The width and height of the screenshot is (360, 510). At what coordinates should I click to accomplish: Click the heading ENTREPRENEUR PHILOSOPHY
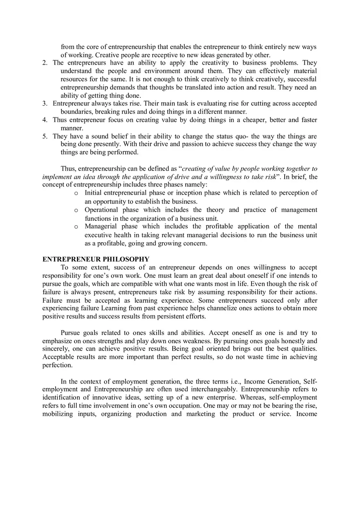(x=96, y=259)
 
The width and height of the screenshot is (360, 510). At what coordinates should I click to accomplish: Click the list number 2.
(x=45, y=63)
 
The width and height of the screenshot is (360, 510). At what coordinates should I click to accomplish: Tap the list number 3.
(x=45, y=104)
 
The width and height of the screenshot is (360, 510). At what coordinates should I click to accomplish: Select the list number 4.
(x=45, y=120)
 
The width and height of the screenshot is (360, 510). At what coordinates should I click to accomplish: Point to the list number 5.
(x=45, y=137)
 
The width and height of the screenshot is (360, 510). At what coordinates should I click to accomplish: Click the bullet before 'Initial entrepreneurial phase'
(x=76, y=193)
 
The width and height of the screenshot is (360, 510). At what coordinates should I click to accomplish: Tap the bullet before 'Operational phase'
(x=76, y=210)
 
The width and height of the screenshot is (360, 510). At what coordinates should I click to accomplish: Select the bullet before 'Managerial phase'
(x=76, y=227)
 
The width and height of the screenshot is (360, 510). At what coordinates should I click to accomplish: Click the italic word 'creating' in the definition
(x=195, y=169)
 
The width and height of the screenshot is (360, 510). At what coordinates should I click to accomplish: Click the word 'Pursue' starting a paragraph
(x=71, y=333)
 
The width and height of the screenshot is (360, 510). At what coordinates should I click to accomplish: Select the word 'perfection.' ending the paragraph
(x=57, y=365)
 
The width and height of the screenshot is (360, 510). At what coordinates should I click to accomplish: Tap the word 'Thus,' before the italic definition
(x=68, y=169)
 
